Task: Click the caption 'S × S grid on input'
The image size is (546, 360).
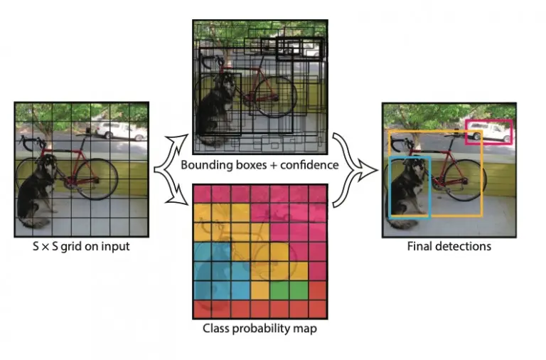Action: pyautogui.click(x=81, y=247)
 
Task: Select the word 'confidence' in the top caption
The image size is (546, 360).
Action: pyautogui.click(x=307, y=166)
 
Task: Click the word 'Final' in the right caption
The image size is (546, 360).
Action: pyautogui.click(x=419, y=247)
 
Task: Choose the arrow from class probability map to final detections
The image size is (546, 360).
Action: pyautogui.click(x=346, y=189)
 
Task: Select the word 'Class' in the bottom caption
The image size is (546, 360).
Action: pyautogui.click(x=215, y=328)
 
